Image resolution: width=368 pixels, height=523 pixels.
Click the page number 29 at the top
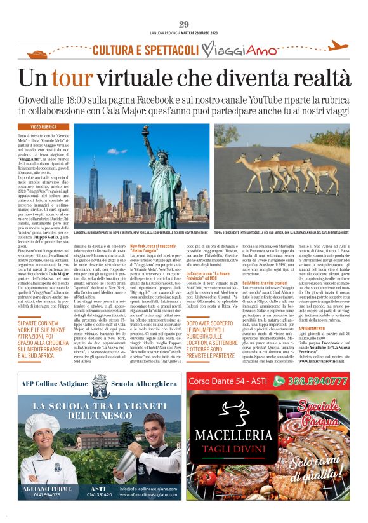[184, 24]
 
